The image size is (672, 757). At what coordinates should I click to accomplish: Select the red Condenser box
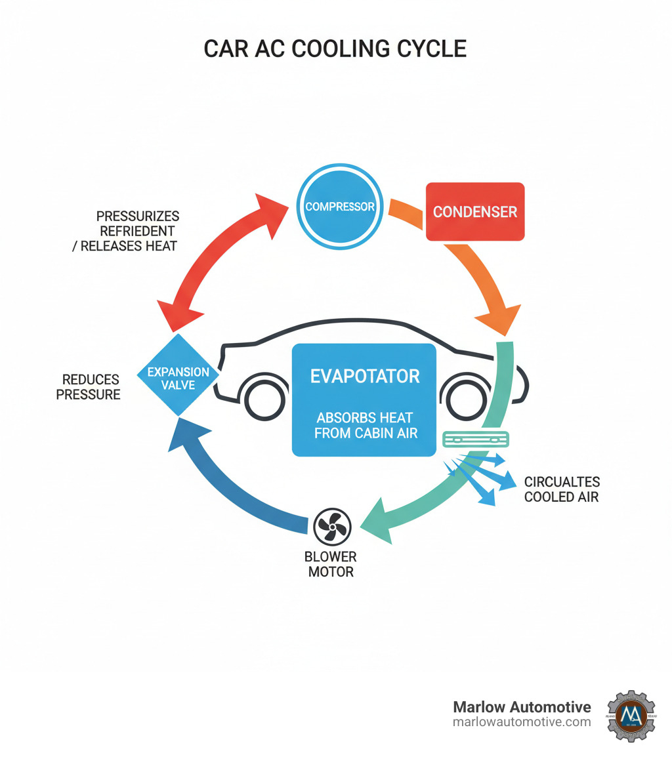click(475, 211)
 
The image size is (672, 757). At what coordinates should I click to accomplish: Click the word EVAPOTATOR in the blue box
click(364, 376)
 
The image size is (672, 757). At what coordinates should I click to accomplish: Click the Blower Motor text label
click(330, 564)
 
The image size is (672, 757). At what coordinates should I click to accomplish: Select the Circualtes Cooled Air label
click(561, 489)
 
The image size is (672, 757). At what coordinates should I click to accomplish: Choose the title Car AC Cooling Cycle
click(335, 49)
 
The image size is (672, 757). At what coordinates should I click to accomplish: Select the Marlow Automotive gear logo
click(631, 715)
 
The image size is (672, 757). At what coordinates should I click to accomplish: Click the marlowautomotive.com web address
click(522, 722)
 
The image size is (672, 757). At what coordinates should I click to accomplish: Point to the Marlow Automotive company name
click(522, 706)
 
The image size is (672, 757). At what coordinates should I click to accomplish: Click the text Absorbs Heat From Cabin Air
click(366, 425)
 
